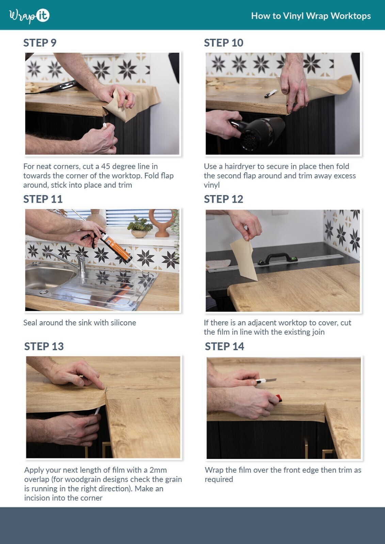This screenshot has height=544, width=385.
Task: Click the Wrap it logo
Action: point(29,16)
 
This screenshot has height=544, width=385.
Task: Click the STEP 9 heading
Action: point(40,43)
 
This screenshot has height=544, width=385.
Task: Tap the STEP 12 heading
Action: point(223,199)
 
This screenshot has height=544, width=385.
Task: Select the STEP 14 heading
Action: point(224,346)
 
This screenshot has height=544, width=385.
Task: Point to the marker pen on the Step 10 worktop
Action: point(271,93)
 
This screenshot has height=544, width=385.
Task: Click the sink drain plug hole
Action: point(43,292)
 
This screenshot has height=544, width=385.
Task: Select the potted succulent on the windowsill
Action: point(140,227)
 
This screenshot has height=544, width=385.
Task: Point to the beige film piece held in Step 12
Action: point(244,259)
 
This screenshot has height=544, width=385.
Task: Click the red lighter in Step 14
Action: point(278,398)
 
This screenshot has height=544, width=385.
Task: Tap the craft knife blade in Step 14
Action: point(271,380)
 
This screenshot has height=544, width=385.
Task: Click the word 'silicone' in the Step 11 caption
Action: point(122,323)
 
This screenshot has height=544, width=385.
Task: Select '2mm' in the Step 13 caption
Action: point(158,470)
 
